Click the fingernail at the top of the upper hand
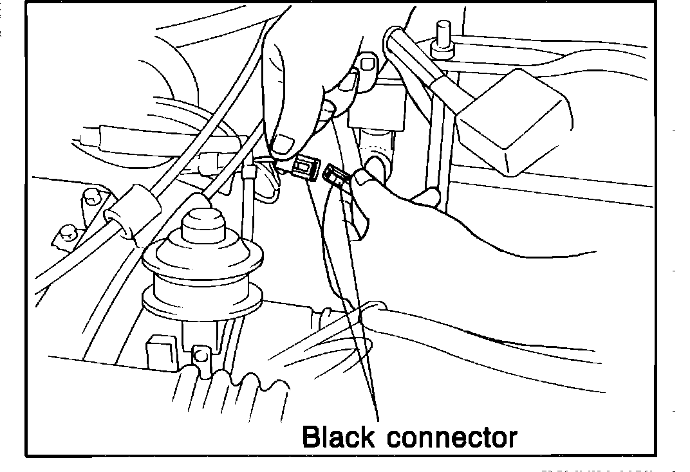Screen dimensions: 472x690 pyautogui.click(x=368, y=63)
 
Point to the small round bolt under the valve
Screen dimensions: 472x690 pyautogui.click(x=200, y=353)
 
